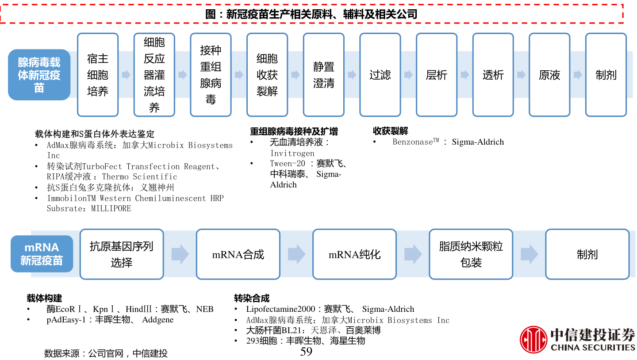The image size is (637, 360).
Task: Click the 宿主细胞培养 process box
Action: click(98, 75)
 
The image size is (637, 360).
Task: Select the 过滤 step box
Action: click(380, 75)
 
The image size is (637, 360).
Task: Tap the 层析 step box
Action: click(437, 75)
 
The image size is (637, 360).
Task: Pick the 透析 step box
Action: click(493, 75)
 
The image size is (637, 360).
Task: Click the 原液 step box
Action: click(549, 75)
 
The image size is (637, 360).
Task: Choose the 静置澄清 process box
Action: click(324, 75)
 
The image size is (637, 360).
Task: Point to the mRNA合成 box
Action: click(238, 254)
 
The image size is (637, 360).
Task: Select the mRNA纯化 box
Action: click(354, 254)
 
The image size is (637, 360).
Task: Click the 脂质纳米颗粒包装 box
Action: click(471, 254)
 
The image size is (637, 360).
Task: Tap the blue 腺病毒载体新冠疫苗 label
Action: click(39, 75)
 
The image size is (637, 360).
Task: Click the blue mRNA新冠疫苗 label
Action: click(42, 254)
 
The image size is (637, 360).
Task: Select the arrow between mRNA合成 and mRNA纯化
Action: click(296, 254)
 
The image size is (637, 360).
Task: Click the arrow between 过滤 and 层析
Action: click(408, 75)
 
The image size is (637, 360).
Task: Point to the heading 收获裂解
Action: click(391, 131)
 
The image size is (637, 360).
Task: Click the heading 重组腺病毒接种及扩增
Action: click(294, 131)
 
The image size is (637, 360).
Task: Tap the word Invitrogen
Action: click(292, 153)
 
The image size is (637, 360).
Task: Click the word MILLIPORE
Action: click(111, 208)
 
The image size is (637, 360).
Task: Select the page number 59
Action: click(306, 352)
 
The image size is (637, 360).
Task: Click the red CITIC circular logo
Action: click(533, 340)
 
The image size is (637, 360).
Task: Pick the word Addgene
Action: click(158, 320)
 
